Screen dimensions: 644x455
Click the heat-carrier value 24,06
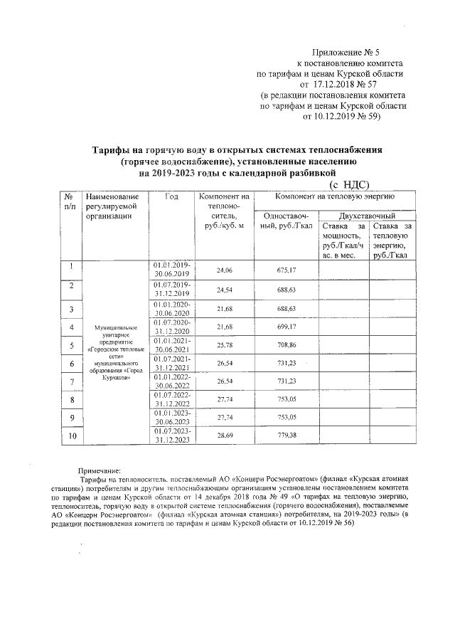coord(225,270)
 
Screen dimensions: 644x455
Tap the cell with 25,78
coord(225,344)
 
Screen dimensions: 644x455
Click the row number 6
coord(71,364)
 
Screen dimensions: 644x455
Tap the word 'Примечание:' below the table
coord(100,470)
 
